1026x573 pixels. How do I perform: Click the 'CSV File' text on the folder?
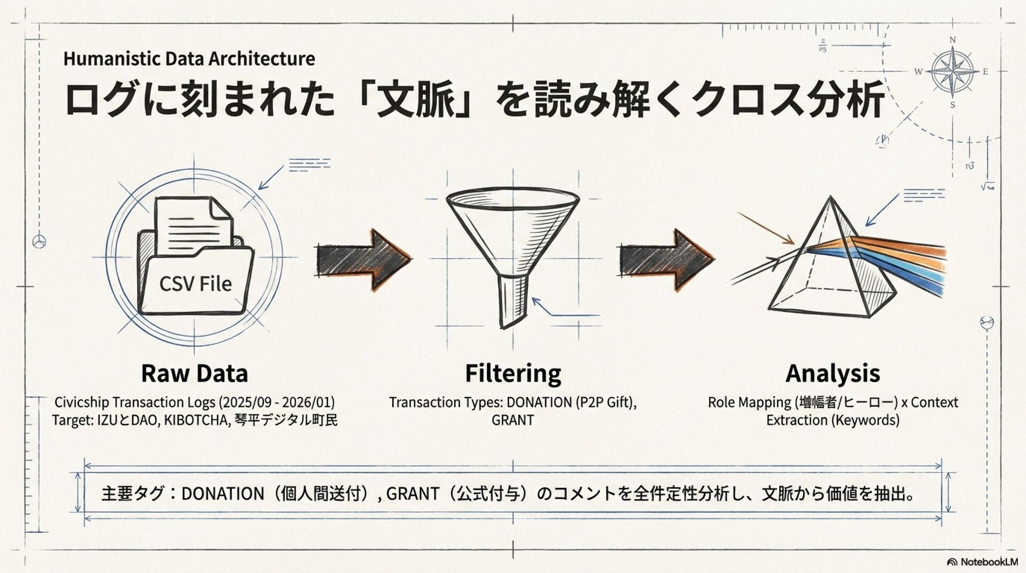[x=196, y=284]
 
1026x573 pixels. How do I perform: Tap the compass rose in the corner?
[x=952, y=72]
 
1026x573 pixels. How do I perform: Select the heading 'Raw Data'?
[x=195, y=373]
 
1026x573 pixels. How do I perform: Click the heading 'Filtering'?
[x=513, y=373]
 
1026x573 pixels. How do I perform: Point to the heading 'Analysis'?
[x=833, y=373]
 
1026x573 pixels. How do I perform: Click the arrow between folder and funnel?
[x=363, y=260]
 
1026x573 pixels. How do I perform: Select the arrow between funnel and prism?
[x=665, y=260]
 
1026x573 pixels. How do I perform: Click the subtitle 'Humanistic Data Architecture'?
[x=189, y=58]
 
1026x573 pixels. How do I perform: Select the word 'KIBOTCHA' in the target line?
[x=196, y=420]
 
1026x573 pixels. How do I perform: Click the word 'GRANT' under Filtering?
[x=512, y=420]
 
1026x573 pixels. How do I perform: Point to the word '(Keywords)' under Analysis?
[x=866, y=420]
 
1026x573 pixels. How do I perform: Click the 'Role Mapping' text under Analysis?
[x=749, y=402]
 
